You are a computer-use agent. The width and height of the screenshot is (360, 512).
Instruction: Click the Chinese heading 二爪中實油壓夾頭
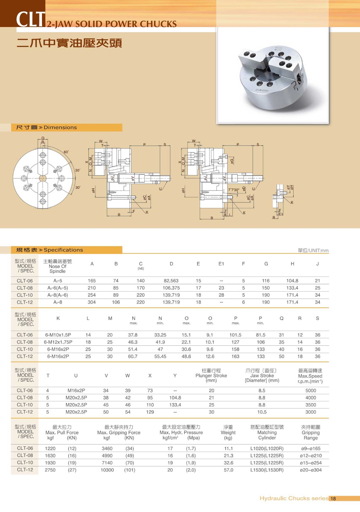click(69, 43)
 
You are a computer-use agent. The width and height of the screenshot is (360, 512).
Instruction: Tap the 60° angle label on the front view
click(66, 152)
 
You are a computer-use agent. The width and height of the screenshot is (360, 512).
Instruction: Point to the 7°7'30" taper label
click(234, 190)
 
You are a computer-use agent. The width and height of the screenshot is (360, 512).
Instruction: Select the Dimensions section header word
click(60, 128)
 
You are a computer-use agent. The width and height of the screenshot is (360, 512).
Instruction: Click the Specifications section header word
click(63, 250)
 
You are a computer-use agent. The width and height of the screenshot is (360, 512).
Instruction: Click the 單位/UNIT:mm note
click(313, 251)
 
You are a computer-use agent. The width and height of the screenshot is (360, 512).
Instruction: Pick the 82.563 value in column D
click(171, 281)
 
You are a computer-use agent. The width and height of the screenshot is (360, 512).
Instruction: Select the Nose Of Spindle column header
click(57, 266)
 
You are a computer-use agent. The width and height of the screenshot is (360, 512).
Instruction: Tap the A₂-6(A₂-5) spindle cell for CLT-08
click(58, 288)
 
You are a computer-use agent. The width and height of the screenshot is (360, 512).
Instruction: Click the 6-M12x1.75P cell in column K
click(58, 342)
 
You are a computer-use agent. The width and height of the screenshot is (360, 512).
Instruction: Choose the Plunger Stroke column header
click(211, 376)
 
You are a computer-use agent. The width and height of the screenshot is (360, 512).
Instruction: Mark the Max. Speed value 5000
click(310, 391)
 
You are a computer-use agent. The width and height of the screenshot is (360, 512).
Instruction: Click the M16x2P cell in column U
click(76, 391)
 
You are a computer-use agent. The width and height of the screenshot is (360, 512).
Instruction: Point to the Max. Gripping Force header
click(119, 432)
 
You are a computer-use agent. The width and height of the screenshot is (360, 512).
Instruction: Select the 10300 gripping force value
click(107, 470)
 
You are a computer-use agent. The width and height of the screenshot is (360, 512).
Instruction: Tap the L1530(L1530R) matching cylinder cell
click(267, 470)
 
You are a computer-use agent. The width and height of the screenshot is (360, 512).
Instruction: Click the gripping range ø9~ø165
click(310, 449)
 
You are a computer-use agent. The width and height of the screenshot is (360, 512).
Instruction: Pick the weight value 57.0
click(228, 470)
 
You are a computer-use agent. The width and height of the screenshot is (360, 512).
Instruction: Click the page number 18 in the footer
click(333, 499)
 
